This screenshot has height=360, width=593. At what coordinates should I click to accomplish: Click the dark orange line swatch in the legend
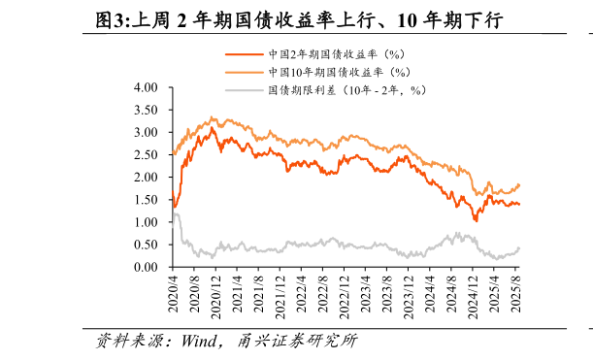(x=244, y=55)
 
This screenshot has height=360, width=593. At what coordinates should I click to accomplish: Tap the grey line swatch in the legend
(x=244, y=90)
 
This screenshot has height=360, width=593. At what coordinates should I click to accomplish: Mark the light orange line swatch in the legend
(x=244, y=73)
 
